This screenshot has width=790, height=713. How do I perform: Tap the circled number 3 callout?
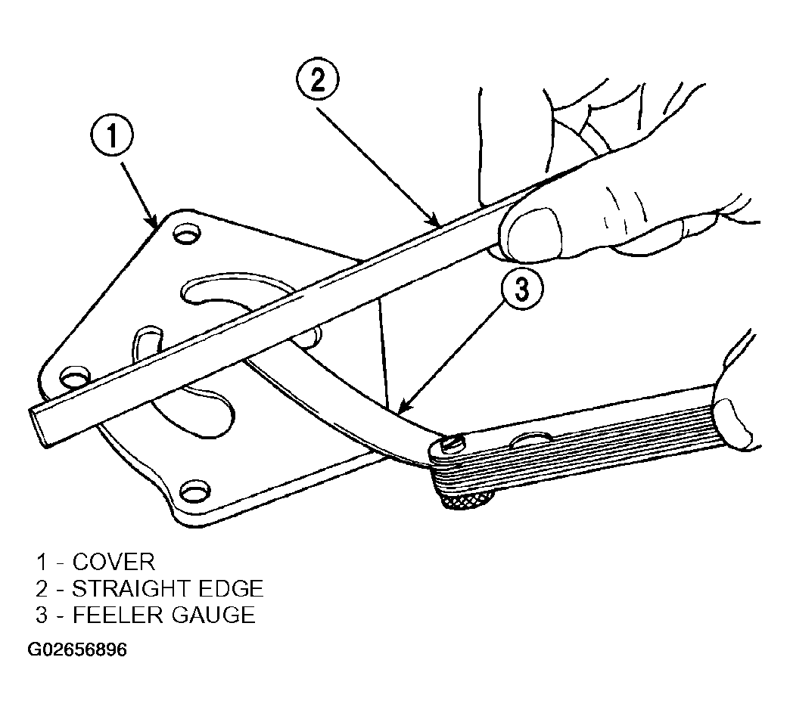[522, 290]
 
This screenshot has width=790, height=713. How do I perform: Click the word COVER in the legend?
[114, 562]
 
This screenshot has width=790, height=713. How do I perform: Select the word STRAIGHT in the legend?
[132, 589]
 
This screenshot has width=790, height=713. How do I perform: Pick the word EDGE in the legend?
[232, 589]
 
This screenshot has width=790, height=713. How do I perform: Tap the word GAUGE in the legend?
[213, 615]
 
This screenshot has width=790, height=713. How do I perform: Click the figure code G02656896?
[77, 649]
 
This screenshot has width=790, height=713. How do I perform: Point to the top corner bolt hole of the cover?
[186, 234]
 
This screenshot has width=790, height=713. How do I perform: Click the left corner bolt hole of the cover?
[74, 377]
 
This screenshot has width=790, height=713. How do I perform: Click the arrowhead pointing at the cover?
[151, 219]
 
